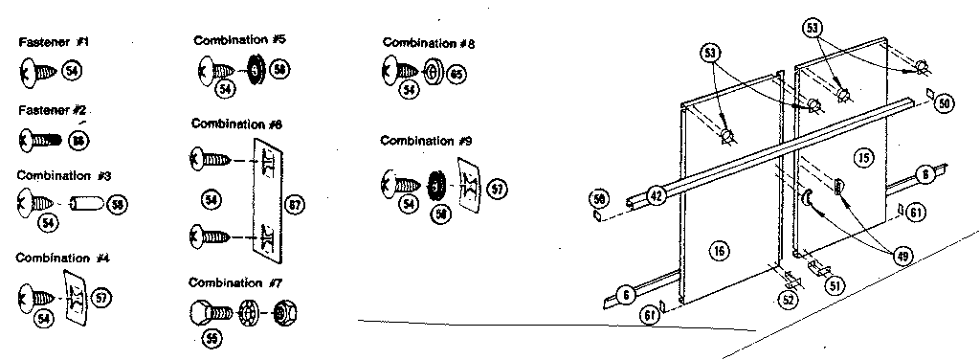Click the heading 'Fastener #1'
(54, 43)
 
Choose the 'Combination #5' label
(239, 40)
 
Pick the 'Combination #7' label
(234, 282)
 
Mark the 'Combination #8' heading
(429, 43)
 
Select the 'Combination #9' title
(427, 141)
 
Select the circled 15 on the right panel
(864, 156)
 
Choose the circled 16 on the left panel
(720, 252)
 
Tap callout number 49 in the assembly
(901, 255)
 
